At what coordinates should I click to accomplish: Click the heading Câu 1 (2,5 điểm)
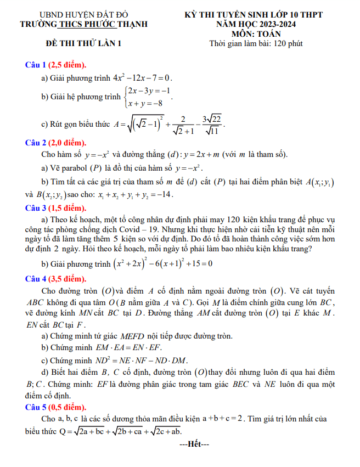click(x=56, y=64)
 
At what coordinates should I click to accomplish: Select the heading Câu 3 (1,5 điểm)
click(x=56, y=207)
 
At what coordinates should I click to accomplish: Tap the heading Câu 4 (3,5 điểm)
click(x=56, y=279)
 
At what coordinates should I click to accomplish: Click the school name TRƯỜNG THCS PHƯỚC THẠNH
click(x=83, y=25)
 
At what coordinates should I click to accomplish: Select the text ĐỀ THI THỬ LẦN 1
click(x=83, y=43)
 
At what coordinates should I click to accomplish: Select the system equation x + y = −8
click(x=147, y=103)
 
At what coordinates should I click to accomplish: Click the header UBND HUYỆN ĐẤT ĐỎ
click(x=83, y=15)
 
